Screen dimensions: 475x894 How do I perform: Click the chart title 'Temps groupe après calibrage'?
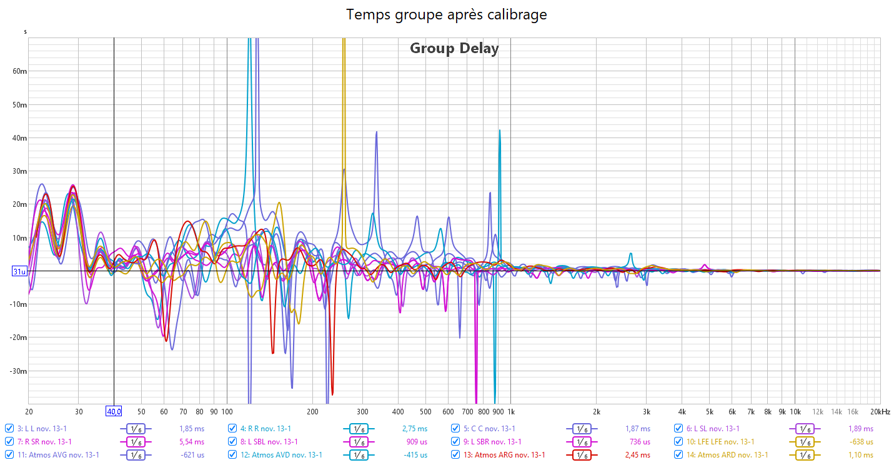pos(447,14)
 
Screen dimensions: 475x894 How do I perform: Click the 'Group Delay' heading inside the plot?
pos(454,48)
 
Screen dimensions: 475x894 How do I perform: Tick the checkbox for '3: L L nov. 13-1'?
pos(9,429)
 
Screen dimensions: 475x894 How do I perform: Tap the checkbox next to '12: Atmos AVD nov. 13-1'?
pos(232,455)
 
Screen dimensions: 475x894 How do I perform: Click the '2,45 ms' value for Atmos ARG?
pos(637,455)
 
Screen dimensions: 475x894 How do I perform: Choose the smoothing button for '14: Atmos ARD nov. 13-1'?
pos(805,455)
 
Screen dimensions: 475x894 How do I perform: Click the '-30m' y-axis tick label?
pos(19,371)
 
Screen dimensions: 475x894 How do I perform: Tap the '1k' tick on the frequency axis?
pos(510,412)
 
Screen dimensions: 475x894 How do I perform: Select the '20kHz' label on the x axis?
pos(882,412)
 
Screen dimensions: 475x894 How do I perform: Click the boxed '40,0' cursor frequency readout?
pos(114,412)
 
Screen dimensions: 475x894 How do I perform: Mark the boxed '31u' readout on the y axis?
pos(20,271)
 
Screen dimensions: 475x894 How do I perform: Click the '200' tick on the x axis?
pos(312,412)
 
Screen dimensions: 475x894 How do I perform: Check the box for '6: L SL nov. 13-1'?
pos(678,429)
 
